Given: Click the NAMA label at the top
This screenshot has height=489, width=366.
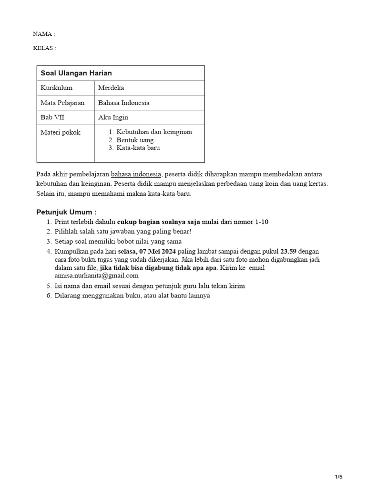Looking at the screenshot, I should [x=44, y=34].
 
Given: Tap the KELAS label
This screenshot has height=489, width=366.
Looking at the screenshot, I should [x=44, y=48].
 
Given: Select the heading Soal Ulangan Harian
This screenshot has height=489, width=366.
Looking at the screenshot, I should [x=76, y=73].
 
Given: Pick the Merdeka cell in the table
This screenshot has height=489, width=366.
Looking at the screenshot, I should [x=111, y=88].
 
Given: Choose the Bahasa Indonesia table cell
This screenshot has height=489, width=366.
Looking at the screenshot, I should [x=124, y=103].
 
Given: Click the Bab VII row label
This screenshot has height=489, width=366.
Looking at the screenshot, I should [x=52, y=117].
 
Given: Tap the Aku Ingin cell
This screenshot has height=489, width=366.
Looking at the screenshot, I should [x=113, y=117].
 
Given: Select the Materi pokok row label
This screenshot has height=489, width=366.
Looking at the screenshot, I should [x=61, y=132].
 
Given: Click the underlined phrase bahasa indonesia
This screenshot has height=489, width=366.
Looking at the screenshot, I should [x=136, y=174].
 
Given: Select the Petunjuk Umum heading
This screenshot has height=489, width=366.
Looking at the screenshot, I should [x=67, y=212].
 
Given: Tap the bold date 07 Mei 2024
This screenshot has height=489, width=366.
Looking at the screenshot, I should [x=162, y=251].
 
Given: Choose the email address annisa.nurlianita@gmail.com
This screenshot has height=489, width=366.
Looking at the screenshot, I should [x=97, y=275].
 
